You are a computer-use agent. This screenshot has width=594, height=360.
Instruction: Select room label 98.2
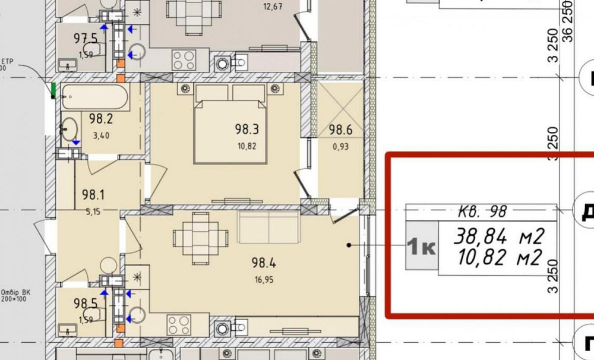[101, 119]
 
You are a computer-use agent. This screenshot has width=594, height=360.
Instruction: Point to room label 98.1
[93, 194]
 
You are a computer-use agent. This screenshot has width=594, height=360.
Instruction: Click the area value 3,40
[101, 135]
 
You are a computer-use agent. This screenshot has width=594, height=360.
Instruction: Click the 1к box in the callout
[421, 245]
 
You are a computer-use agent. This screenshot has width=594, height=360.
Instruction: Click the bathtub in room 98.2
[95, 97]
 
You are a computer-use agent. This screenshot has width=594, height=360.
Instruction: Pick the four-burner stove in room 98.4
[179, 324]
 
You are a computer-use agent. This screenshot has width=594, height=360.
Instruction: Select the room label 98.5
[85, 304]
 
